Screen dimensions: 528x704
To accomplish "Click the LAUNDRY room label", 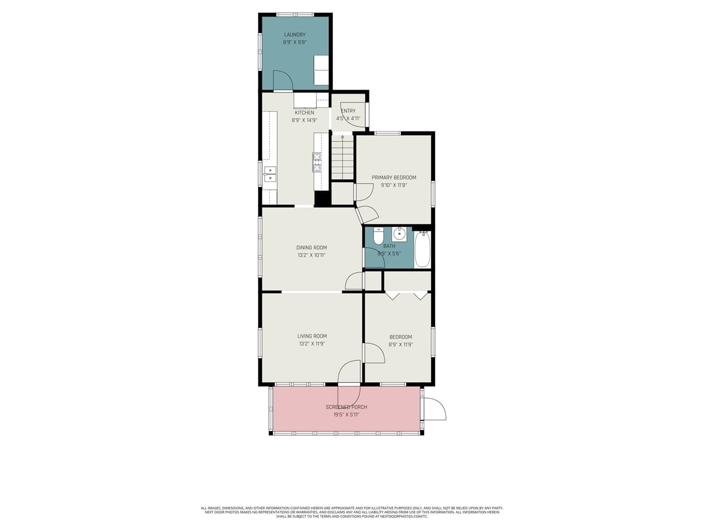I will [x=295, y=35].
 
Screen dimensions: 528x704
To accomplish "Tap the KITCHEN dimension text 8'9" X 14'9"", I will [x=304, y=120].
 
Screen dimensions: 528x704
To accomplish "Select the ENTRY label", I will [x=348, y=111].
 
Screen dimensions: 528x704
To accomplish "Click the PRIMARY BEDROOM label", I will [x=394, y=178].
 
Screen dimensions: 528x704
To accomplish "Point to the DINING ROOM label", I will [x=311, y=248].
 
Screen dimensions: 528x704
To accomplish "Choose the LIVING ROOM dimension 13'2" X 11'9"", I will [x=312, y=344].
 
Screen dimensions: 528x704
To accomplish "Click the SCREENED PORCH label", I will [x=346, y=407].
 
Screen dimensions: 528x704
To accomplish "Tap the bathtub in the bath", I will [x=422, y=249].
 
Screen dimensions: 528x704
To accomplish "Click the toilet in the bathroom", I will [x=378, y=236].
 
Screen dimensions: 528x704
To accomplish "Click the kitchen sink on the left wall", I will [x=269, y=174].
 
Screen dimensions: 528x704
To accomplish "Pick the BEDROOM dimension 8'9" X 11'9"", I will [x=400, y=345].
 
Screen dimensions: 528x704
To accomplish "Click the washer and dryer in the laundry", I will [x=321, y=70].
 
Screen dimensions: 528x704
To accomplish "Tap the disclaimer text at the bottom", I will [x=352, y=512].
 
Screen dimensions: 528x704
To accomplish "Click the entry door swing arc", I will [x=352, y=118].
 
